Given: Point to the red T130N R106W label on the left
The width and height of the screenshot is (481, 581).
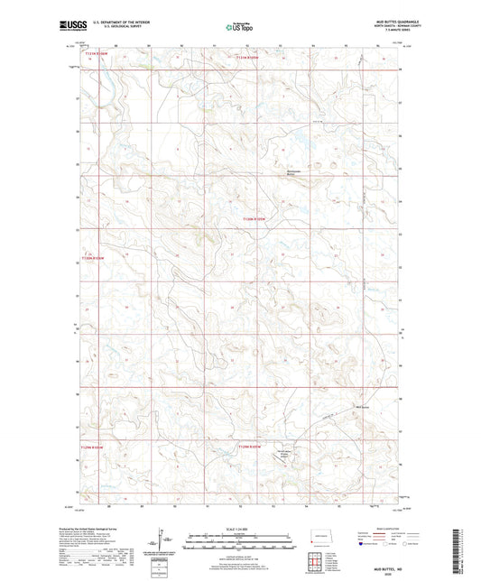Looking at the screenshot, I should (x=93, y=257).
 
